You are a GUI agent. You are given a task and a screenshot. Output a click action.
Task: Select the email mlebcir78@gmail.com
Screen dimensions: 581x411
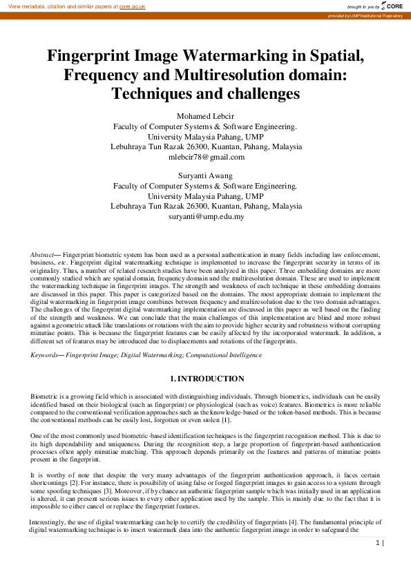(205, 157)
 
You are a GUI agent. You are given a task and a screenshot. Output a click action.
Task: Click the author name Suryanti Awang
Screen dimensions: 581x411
(205, 175)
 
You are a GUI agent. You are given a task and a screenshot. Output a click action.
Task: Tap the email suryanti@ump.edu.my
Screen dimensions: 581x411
(205, 216)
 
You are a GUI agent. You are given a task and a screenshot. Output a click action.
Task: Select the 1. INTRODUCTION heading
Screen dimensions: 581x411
(206, 379)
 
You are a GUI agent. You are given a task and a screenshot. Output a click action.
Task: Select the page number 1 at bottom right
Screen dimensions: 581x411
(378, 544)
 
